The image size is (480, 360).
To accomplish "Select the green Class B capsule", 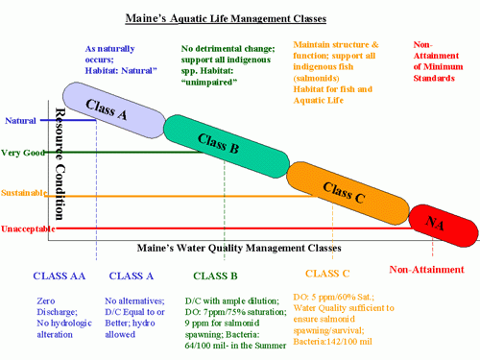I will click(218, 144).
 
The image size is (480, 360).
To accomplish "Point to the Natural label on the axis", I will click(21, 120).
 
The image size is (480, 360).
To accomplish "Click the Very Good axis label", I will click(22, 153).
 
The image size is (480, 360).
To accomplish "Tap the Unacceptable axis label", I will click(26, 228).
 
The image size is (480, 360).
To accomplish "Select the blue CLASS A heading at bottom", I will click(132, 276).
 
